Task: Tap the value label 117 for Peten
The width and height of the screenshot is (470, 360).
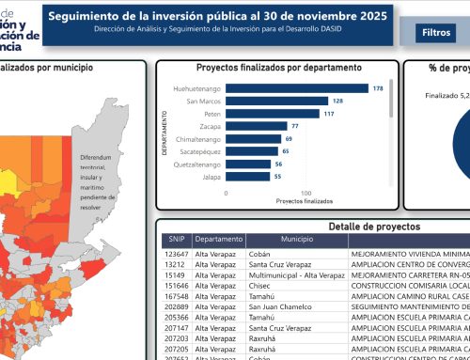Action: [x=329, y=113]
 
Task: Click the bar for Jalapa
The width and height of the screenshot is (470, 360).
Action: [x=247, y=176]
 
